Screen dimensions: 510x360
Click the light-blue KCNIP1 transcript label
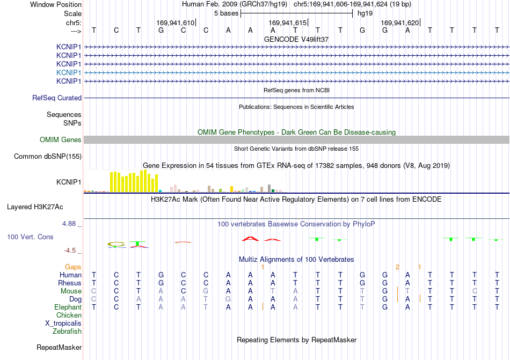69,72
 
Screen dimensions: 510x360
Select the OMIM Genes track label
61,139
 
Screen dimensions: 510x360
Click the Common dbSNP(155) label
48,156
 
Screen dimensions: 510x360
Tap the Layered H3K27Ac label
35,207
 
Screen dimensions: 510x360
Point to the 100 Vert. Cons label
30,237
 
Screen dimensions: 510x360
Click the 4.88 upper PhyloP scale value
69,224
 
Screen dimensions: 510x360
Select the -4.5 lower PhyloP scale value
70,250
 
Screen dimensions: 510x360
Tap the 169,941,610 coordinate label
176,23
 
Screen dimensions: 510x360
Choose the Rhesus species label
70,283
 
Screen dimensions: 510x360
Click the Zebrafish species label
67,332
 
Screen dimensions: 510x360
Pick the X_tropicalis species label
63,324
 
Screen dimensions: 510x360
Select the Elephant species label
68,307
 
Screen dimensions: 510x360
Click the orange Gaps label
73,267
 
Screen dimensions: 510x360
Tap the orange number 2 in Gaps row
397,267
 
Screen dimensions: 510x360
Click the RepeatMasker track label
59,347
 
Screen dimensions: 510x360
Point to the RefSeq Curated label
57,98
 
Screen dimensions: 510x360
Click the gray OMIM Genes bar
296,139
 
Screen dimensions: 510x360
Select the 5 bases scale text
227,13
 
